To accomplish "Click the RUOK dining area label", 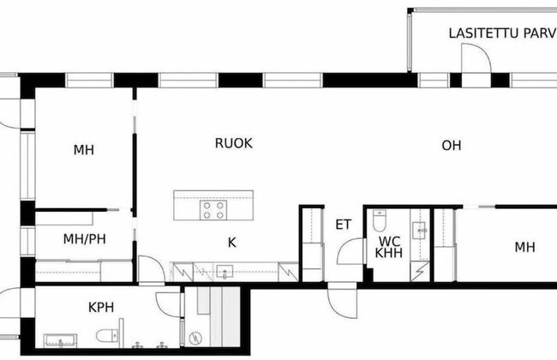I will pyautogui.click(x=233, y=143).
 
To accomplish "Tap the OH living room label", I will pyautogui.click(x=452, y=146).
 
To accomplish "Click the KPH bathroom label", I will pyautogui.click(x=101, y=306).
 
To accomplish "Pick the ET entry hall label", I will pyautogui.click(x=343, y=225).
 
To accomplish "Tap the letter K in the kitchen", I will pyautogui.click(x=231, y=243).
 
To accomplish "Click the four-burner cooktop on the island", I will pyautogui.click(x=213, y=210).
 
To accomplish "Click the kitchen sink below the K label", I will pyautogui.click(x=224, y=273).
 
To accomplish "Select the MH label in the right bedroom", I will pyautogui.click(x=524, y=248).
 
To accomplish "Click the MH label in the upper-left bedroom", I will pyautogui.click(x=83, y=150).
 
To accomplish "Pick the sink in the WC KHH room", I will pyautogui.click(x=420, y=229).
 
